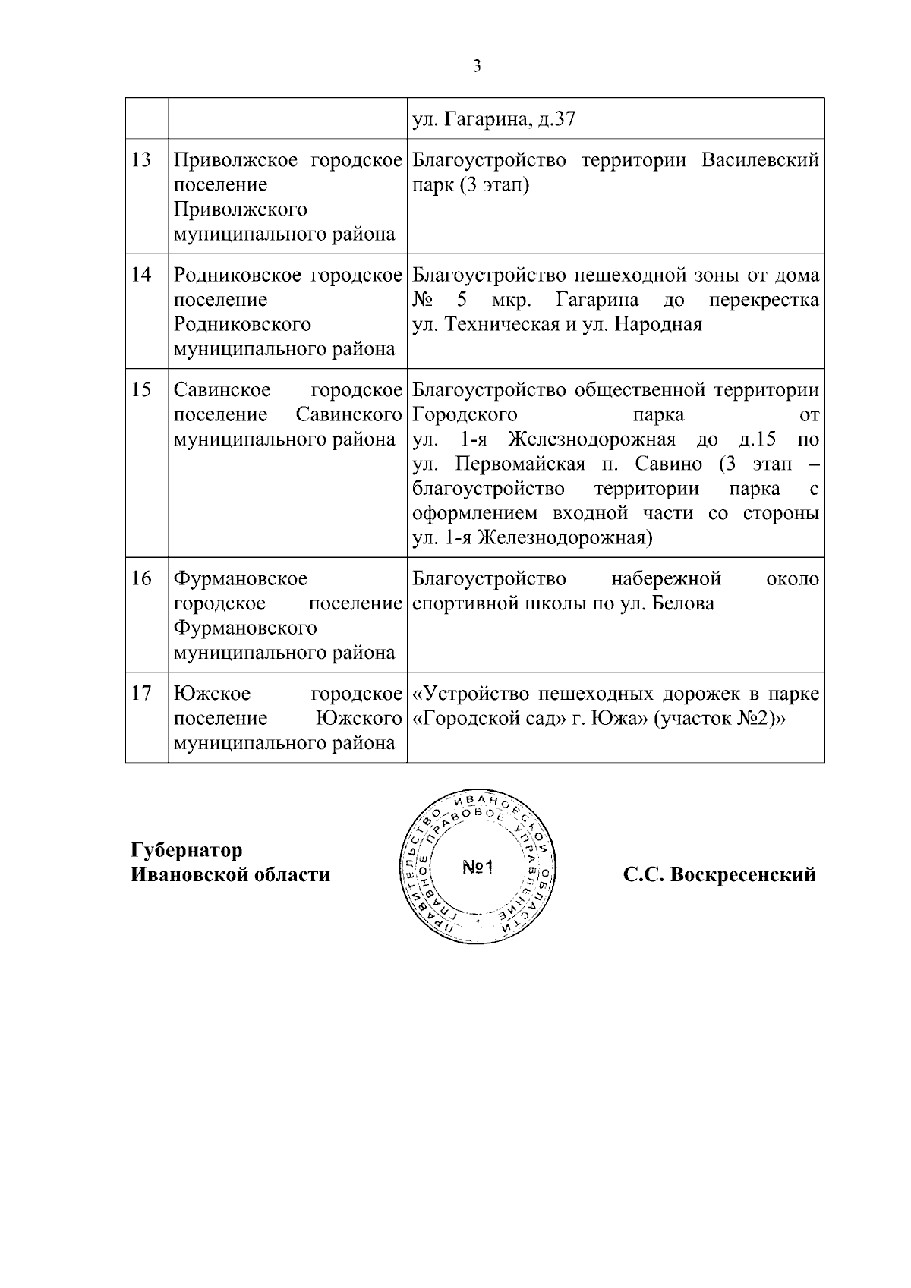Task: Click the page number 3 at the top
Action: [477, 67]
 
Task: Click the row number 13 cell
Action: [141, 160]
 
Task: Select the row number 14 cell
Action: [141, 276]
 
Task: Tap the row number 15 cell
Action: [141, 390]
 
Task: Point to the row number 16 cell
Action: [141, 578]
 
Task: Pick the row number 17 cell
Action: [141, 694]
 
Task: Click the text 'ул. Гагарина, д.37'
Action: [493, 120]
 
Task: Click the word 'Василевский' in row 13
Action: [760, 160]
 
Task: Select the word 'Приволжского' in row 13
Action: [241, 209]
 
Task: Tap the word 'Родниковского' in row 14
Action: [243, 325]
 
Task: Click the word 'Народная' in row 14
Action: [658, 325]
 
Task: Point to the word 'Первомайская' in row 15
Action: [520, 464]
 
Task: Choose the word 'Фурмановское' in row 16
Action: [241, 579]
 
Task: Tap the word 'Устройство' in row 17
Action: [476, 694]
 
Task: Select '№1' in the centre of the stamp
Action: [478, 867]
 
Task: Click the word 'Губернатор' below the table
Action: [187, 849]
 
